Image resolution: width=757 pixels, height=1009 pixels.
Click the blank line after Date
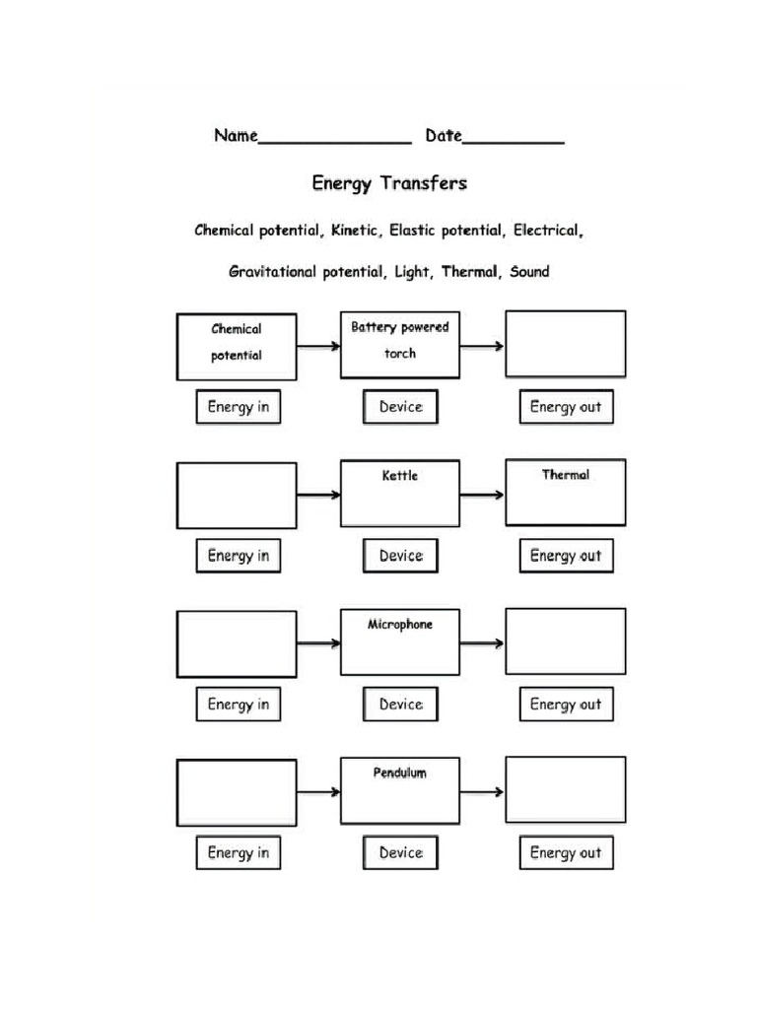514,141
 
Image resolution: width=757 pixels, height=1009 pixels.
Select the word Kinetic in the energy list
354,231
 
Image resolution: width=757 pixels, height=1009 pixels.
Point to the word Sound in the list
529,271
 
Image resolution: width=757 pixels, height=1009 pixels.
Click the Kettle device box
399,494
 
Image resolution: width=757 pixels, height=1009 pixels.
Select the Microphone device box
399,642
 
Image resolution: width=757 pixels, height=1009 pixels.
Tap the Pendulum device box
399,790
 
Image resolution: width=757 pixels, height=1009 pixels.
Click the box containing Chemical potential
237,346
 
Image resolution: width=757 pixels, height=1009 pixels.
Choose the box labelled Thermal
565,492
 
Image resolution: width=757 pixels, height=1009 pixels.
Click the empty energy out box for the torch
565,344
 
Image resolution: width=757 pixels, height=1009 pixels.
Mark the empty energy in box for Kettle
237,495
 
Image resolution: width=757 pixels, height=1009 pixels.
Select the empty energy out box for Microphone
565,641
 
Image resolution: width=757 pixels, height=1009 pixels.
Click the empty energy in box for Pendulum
237,792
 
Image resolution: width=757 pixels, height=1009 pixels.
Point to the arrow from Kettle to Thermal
482,495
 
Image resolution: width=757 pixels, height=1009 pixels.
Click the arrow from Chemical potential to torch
318,346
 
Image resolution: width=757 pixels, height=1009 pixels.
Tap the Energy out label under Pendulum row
566,853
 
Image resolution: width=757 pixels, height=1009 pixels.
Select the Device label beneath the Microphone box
400,705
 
